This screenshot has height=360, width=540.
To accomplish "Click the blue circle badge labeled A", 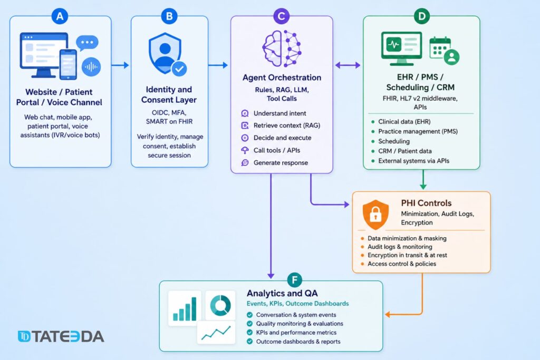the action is (60, 16).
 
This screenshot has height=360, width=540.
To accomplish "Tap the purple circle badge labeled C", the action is (282, 16).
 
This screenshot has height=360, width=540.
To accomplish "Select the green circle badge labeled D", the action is (421, 16).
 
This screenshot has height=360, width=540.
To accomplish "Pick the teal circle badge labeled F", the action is (294, 280).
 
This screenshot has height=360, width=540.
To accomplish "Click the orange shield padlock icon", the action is (375, 214).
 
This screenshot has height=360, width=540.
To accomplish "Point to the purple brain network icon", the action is (282, 48).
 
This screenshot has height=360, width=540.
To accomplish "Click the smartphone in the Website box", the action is (68, 64).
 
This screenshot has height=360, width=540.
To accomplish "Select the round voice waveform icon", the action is (91, 66).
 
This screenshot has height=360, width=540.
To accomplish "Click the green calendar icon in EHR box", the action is (440, 48).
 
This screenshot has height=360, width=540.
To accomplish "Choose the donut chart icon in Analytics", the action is (220, 305).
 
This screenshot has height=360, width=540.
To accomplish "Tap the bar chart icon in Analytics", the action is (185, 308).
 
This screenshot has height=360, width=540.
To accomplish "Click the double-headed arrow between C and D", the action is (348, 65).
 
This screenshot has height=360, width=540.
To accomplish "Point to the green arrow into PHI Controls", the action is (423, 180).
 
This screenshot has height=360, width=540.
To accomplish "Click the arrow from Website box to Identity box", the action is (120, 65).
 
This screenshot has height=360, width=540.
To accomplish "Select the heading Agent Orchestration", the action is (282, 77).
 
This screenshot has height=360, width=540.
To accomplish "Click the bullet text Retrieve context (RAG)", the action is (287, 125).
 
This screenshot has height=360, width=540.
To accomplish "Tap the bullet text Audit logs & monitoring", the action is (400, 247).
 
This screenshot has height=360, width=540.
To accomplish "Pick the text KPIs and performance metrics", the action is (296, 333).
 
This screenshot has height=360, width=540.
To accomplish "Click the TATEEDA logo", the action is (61, 337).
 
